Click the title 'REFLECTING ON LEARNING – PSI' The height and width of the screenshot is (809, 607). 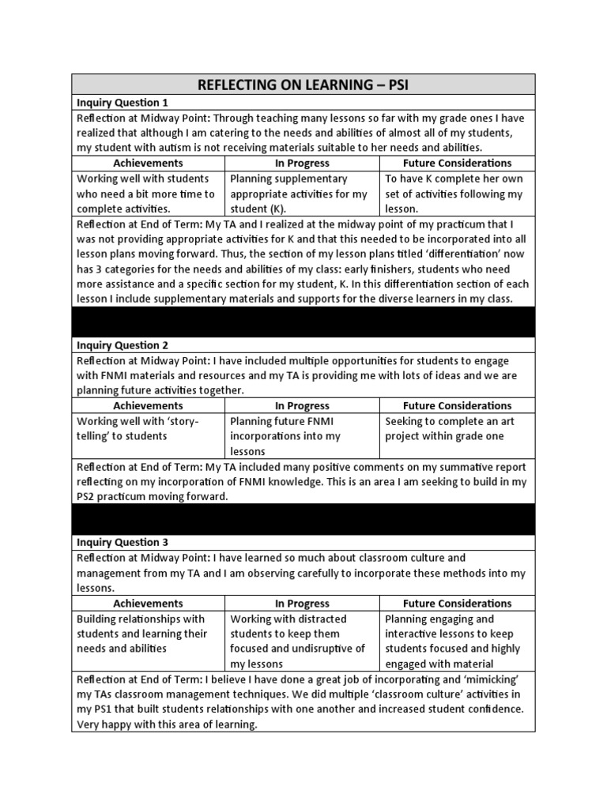click(x=303, y=85)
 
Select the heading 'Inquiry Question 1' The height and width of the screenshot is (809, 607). click(x=123, y=103)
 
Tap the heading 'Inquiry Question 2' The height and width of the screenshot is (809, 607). click(x=123, y=345)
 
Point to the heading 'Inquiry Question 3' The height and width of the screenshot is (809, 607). click(x=123, y=543)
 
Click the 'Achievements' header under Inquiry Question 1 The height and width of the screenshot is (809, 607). click(x=149, y=163)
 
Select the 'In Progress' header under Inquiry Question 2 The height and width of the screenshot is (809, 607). click(x=302, y=405)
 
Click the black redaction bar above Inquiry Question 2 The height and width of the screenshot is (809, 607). click(x=303, y=322)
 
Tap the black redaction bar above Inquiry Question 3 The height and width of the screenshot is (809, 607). click(x=303, y=520)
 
